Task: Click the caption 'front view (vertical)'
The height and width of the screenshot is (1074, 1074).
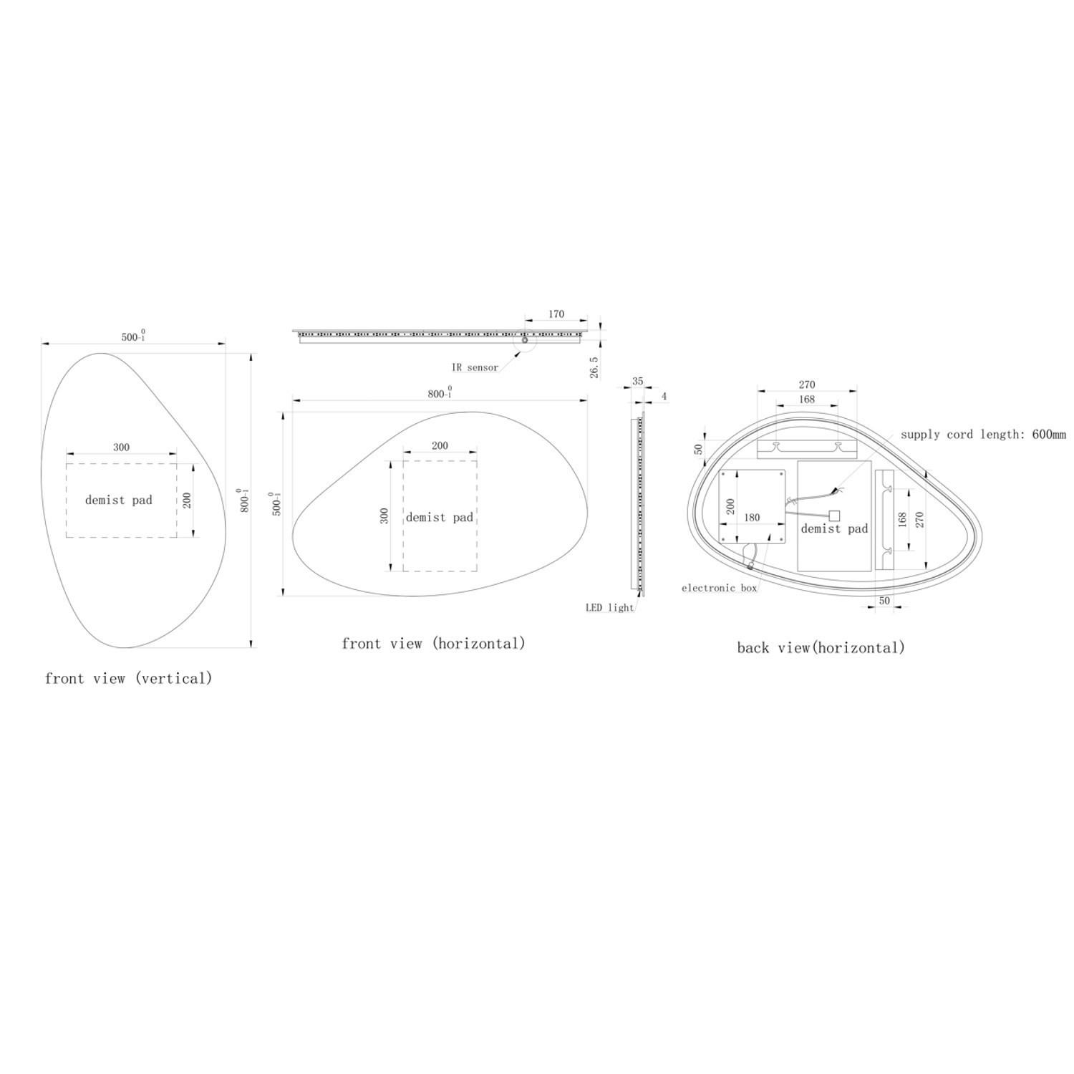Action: tap(129, 678)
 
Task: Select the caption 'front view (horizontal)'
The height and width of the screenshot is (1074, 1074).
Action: tap(434, 643)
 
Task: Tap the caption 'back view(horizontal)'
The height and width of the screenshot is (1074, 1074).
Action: tap(821, 648)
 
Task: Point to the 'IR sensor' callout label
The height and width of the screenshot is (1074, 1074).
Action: tap(475, 367)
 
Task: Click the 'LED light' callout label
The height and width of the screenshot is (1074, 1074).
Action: tap(610, 608)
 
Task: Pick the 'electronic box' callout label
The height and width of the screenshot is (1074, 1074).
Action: tap(719, 588)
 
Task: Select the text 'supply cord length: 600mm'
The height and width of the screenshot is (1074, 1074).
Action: tap(983, 434)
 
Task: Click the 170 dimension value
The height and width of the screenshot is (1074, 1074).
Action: tap(556, 314)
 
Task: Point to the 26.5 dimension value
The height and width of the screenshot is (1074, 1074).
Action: tap(594, 367)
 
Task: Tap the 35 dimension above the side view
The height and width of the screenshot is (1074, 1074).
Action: tap(637, 382)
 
